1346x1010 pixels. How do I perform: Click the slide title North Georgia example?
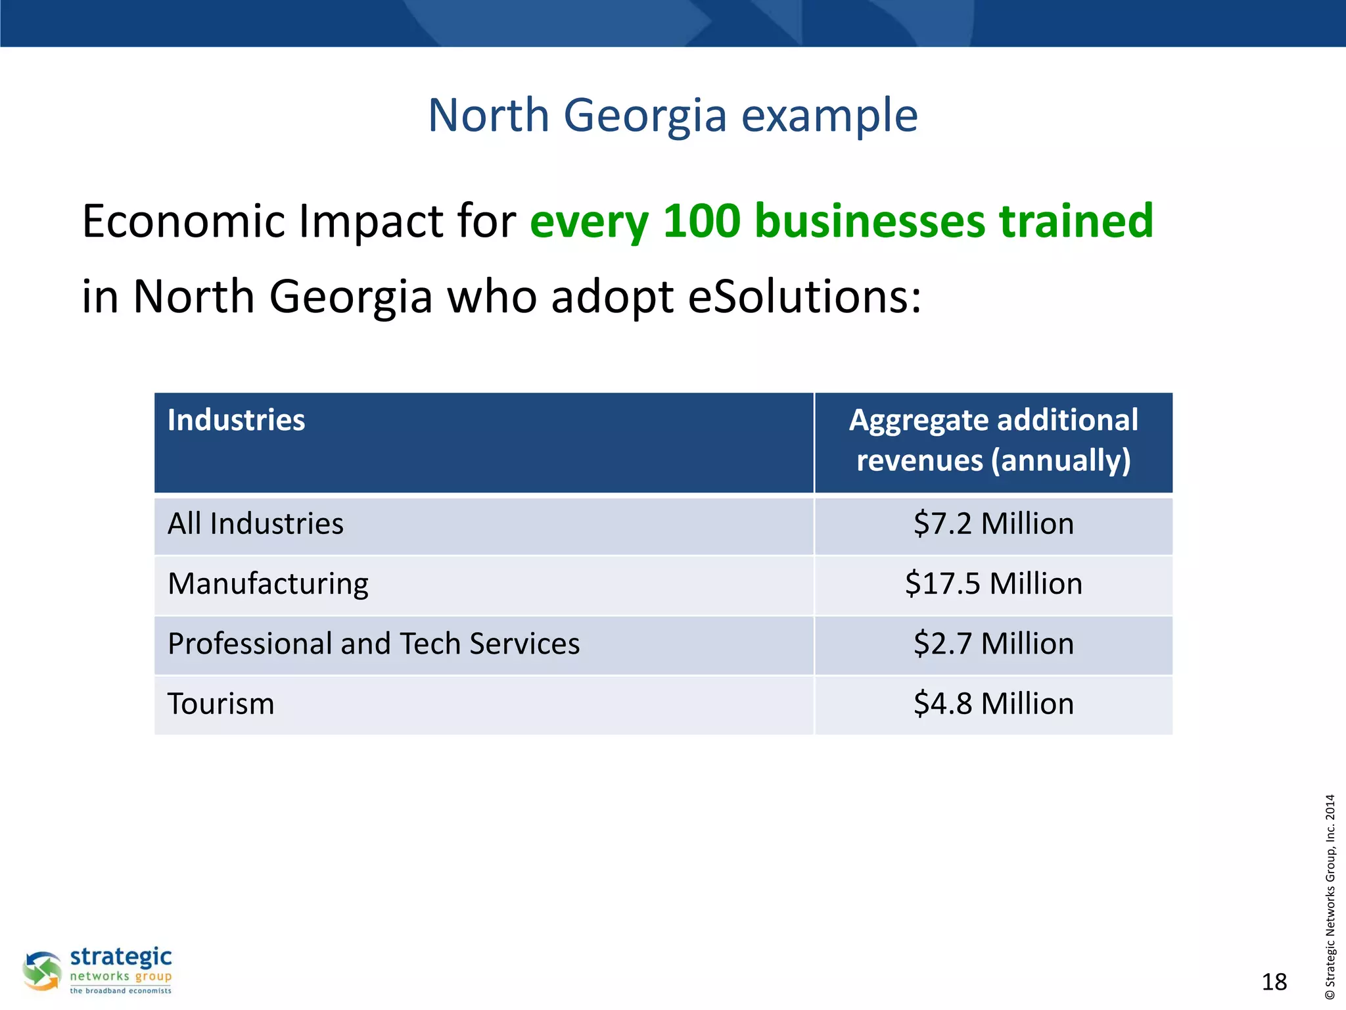coord(672,116)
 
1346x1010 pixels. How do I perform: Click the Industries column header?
coord(236,420)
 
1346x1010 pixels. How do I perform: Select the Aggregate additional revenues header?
coord(993,440)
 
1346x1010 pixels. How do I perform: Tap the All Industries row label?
coord(255,524)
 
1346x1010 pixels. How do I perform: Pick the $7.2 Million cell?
coord(993,524)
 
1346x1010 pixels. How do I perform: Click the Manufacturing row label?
coord(267,584)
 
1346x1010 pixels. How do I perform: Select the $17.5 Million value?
coord(993,584)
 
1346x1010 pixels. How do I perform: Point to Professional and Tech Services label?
coord(373,644)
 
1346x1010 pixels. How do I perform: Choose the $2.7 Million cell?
coord(993,644)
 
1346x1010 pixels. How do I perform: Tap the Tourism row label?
coord(221,704)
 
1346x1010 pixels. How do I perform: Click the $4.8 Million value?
coord(993,704)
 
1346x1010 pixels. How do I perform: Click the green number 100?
coord(701,221)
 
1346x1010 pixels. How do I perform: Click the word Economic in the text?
coord(183,221)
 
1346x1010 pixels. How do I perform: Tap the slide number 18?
coord(1274,982)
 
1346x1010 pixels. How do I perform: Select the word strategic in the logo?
coord(121,957)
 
